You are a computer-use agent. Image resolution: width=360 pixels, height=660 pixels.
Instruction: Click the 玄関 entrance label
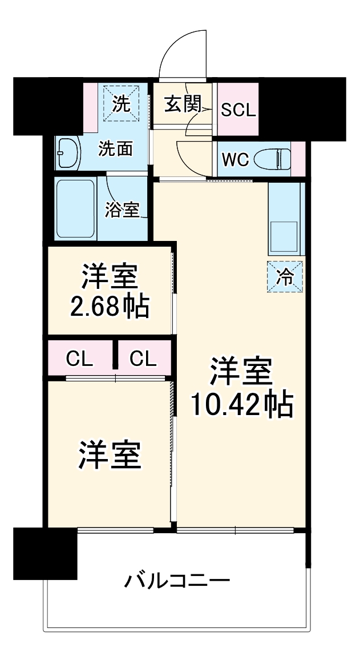tap(183, 104)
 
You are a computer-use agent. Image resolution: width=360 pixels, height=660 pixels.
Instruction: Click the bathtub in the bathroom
tap(76, 208)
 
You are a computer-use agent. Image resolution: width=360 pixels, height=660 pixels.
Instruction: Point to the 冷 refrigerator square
tap(285, 276)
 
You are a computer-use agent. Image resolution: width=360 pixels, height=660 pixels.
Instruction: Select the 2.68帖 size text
tap(110, 307)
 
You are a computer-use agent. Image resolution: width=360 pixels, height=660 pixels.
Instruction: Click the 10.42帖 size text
tap(241, 404)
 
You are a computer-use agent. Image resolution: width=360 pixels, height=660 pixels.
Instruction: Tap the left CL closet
tap(79, 359)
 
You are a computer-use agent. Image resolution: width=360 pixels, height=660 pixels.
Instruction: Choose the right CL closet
tap(142, 359)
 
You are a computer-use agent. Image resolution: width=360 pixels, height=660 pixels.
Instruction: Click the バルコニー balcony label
tap(177, 582)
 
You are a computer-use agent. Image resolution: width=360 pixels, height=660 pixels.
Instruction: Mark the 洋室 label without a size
tap(110, 455)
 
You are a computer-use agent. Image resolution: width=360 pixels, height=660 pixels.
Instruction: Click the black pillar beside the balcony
tap(45, 553)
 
